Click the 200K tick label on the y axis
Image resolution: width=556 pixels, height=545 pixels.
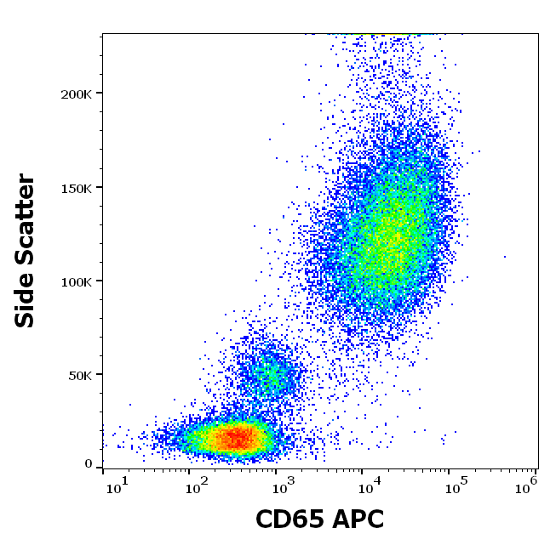click(x=75, y=94)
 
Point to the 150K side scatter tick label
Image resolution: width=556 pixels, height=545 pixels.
click(x=75, y=187)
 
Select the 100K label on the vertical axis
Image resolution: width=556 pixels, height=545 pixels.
click(x=75, y=281)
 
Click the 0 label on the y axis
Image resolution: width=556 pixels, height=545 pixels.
click(x=89, y=463)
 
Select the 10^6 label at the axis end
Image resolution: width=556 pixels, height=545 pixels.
click(x=527, y=484)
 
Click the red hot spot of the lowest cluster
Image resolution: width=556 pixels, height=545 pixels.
click(x=238, y=438)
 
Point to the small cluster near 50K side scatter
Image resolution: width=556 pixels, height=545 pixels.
click(x=268, y=374)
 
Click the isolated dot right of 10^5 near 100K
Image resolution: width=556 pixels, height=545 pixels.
click(x=505, y=256)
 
